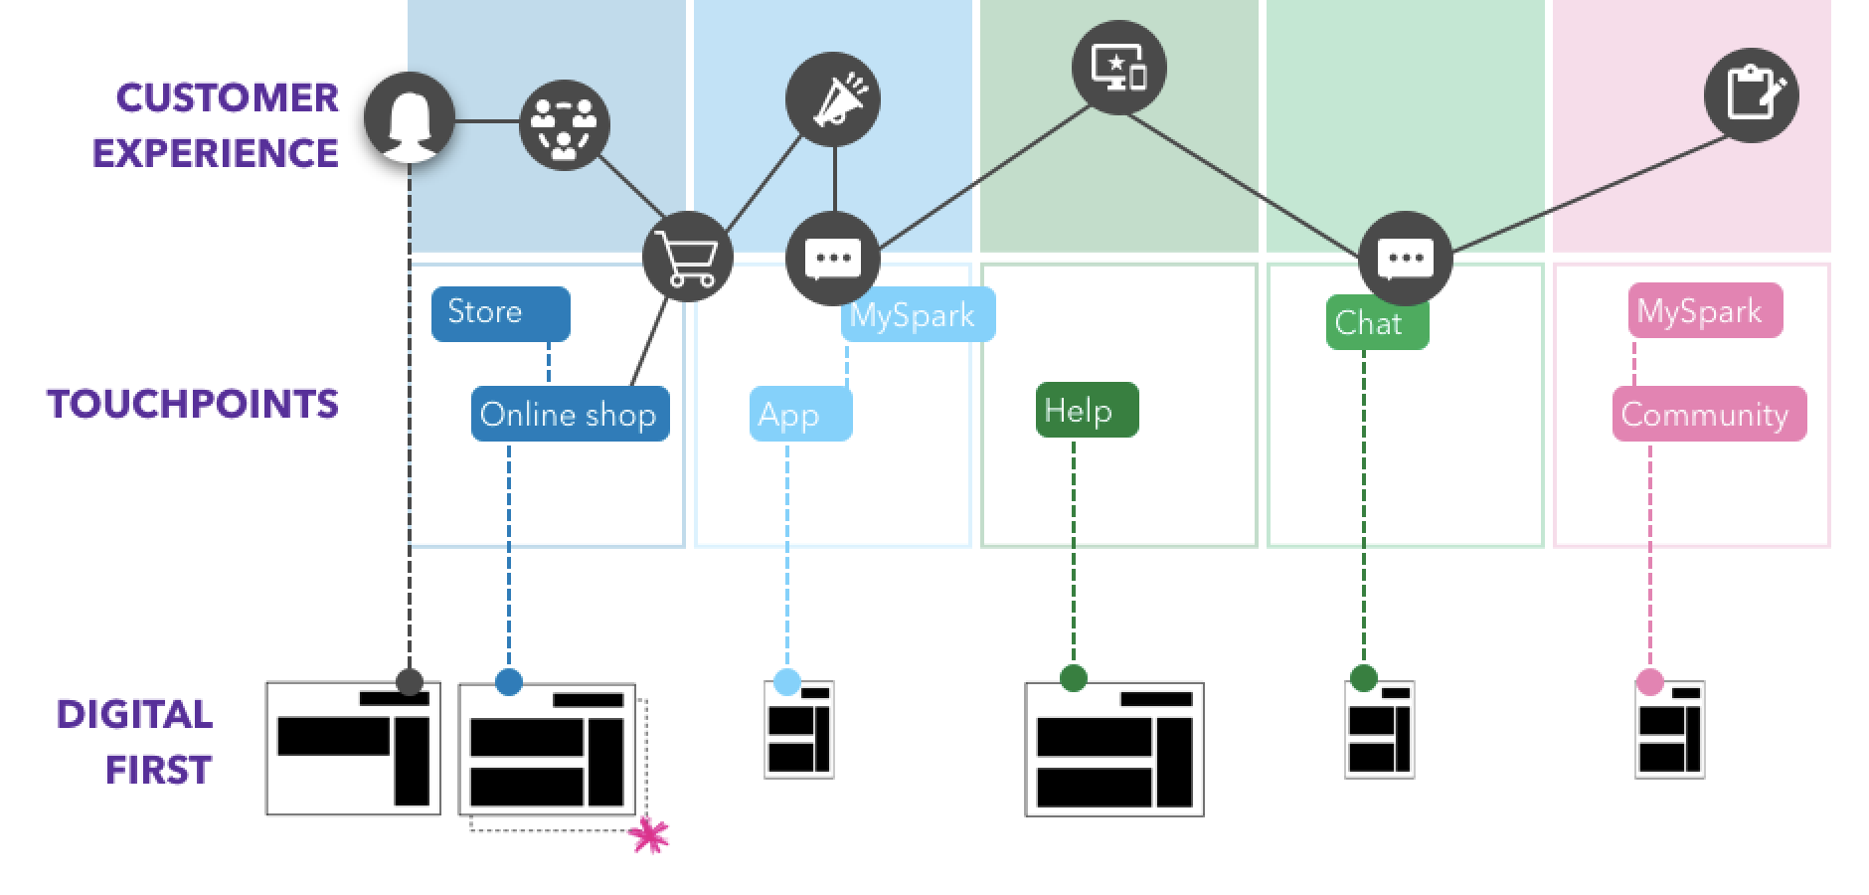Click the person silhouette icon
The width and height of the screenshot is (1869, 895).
pyautogui.click(x=409, y=119)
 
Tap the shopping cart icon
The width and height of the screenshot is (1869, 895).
pyautogui.click(x=687, y=257)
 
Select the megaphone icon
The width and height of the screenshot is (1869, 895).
pyautogui.click(x=833, y=99)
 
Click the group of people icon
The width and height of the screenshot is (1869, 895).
pyautogui.click(x=565, y=125)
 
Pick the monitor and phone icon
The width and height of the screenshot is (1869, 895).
pyautogui.click(x=1118, y=68)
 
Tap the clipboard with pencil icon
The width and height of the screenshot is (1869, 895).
pyautogui.click(x=1751, y=94)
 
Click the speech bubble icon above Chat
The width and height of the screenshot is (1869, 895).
pyautogui.click(x=1405, y=259)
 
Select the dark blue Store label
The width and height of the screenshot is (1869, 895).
pyautogui.click(x=500, y=313)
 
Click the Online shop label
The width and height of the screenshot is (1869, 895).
pyautogui.click(x=570, y=414)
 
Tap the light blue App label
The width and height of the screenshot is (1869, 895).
pyautogui.click(x=800, y=414)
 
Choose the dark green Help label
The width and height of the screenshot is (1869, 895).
pyautogui.click(x=1086, y=410)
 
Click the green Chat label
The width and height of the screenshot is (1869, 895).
pyautogui.click(x=1377, y=323)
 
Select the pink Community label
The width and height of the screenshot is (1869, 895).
pyautogui.click(x=1708, y=414)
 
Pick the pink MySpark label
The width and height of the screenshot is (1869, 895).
pyautogui.click(x=1704, y=311)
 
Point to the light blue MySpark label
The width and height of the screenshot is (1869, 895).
pyautogui.click(x=918, y=315)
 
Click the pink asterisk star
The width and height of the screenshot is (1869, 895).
pyautogui.click(x=650, y=835)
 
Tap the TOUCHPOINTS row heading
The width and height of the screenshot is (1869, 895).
pyautogui.click(x=194, y=404)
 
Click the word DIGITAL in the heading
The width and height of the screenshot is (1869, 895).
pyautogui.click(x=134, y=714)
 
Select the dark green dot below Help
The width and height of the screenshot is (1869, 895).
pyautogui.click(x=1073, y=678)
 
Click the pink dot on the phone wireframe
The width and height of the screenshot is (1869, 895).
pyautogui.click(x=1649, y=682)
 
